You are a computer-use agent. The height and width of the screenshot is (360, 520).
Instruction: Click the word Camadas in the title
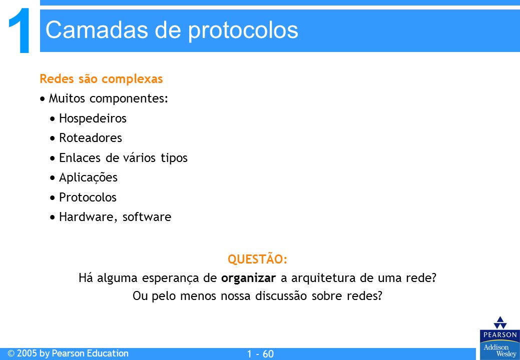coord(97,30)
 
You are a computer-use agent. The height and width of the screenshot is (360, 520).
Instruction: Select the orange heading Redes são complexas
coord(101,79)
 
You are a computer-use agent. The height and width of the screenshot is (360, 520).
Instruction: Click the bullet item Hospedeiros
coord(93,118)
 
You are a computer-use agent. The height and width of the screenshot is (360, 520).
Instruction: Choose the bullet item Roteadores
coord(91,138)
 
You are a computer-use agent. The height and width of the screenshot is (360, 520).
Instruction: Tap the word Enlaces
coord(80,157)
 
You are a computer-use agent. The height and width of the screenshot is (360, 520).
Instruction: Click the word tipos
coord(174,158)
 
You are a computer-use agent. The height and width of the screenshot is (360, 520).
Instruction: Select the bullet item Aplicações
coord(88,177)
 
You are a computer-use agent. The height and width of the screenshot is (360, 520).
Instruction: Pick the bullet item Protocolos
coord(88,197)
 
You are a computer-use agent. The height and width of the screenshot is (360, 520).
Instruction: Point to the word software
coord(147,217)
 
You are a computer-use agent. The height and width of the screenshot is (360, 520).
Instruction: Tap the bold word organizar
coord(248,278)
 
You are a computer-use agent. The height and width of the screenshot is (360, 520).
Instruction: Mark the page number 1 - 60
coord(260,354)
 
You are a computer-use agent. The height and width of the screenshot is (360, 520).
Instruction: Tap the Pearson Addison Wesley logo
coord(499,337)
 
